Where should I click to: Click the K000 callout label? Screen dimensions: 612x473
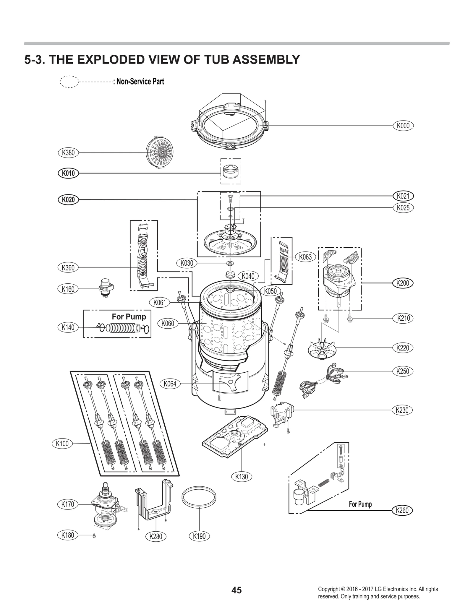pyautogui.click(x=403, y=126)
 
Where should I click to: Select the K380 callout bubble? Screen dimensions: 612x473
pyautogui.click(x=68, y=153)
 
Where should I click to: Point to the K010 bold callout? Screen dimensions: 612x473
pyautogui.click(x=68, y=173)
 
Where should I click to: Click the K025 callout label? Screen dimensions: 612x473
pyautogui.click(x=403, y=208)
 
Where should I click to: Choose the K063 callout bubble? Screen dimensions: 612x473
pyautogui.click(x=305, y=257)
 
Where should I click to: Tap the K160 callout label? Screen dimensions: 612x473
pyautogui.click(x=68, y=289)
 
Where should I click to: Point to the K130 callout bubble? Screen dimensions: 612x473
pyautogui.click(x=242, y=476)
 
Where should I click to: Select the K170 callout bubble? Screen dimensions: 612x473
pyautogui.click(x=68, y=504)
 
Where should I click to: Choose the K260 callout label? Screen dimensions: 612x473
pyautogui.click(x=402, y=510)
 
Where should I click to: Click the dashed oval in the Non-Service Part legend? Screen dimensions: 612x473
pyautogui.click(x=69, y=82)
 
